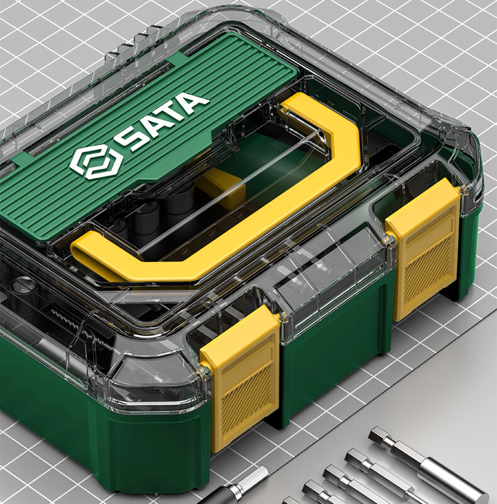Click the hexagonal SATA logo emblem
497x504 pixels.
95,162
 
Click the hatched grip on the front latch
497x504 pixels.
246,398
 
